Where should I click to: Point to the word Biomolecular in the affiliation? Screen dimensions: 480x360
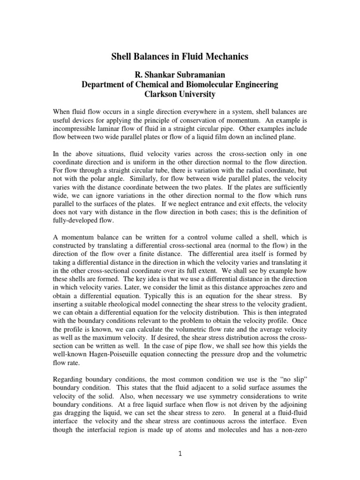[205, 84]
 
